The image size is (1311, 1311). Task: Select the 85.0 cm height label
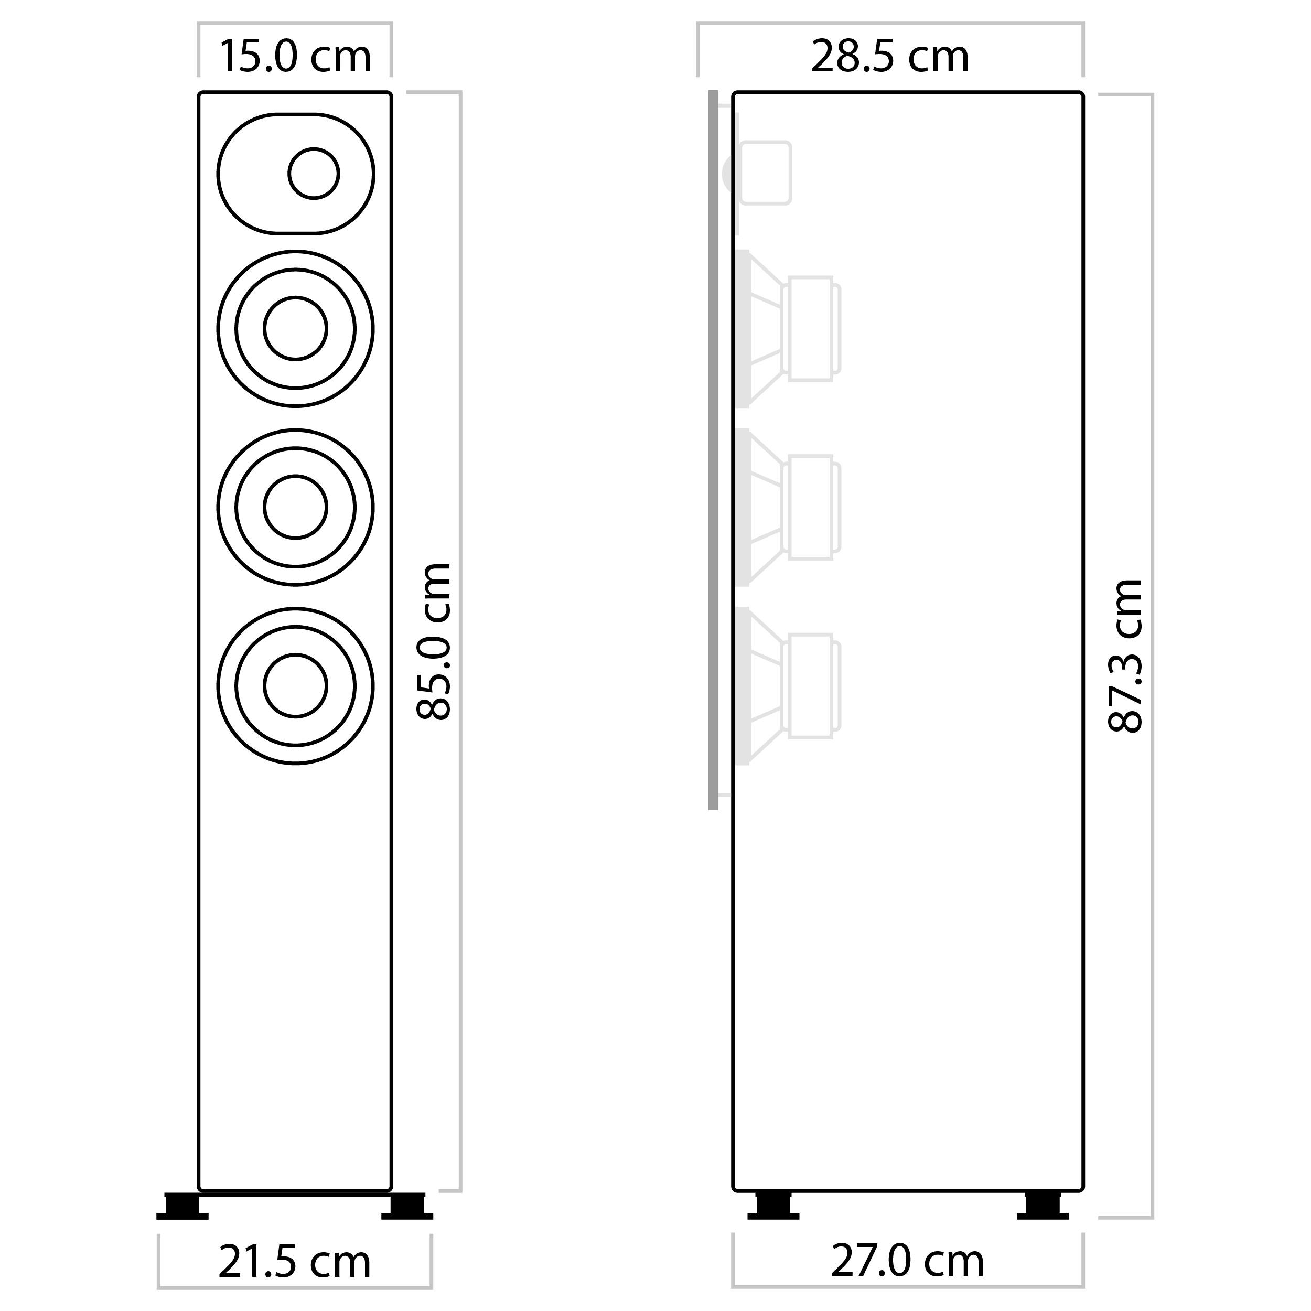(x=434, y=641)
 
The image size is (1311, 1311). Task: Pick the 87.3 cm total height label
(x=1126, y=655)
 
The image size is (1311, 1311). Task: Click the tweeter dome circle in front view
(x=314, y=174)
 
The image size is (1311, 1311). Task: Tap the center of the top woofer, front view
(x=295, y=328)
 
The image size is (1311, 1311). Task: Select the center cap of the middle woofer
(x=295, y=507)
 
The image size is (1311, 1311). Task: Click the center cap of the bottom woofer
(x=295, y=685)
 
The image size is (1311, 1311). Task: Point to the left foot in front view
(x=182, y=1206)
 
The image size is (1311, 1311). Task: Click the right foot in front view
(x=407, y=1206)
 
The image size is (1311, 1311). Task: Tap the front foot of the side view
(x=773, y=1206)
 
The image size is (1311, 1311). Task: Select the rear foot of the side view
(x=1043, y=1206)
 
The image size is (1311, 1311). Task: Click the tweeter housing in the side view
(x=765, y=173)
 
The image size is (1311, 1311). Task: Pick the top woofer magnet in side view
(x=811, y=328)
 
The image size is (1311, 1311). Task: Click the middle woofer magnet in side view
(x=811, y=507)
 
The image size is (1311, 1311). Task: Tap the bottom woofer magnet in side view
(x=811, y=685)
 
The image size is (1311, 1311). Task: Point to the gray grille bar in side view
(x=713, y=448)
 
